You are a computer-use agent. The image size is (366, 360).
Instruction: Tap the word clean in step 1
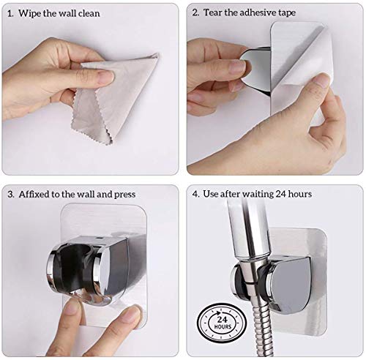tap(89, 13)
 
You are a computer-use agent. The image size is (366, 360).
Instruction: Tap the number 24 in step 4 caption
tap(281, 194)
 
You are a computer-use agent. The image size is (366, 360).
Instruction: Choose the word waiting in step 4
tap(258, 195)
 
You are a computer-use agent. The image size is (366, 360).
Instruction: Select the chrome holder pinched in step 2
tap(255, 70)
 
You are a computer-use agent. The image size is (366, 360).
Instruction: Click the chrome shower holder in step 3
tap(97, 269)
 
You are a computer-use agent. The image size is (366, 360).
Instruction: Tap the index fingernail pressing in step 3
tap(72, 309)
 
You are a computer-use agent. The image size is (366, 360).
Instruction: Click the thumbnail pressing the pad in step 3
tap(131, 315)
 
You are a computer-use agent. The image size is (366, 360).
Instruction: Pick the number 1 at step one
tap(10, 14)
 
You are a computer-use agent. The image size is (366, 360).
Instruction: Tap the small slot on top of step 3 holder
tap(98, 237)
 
